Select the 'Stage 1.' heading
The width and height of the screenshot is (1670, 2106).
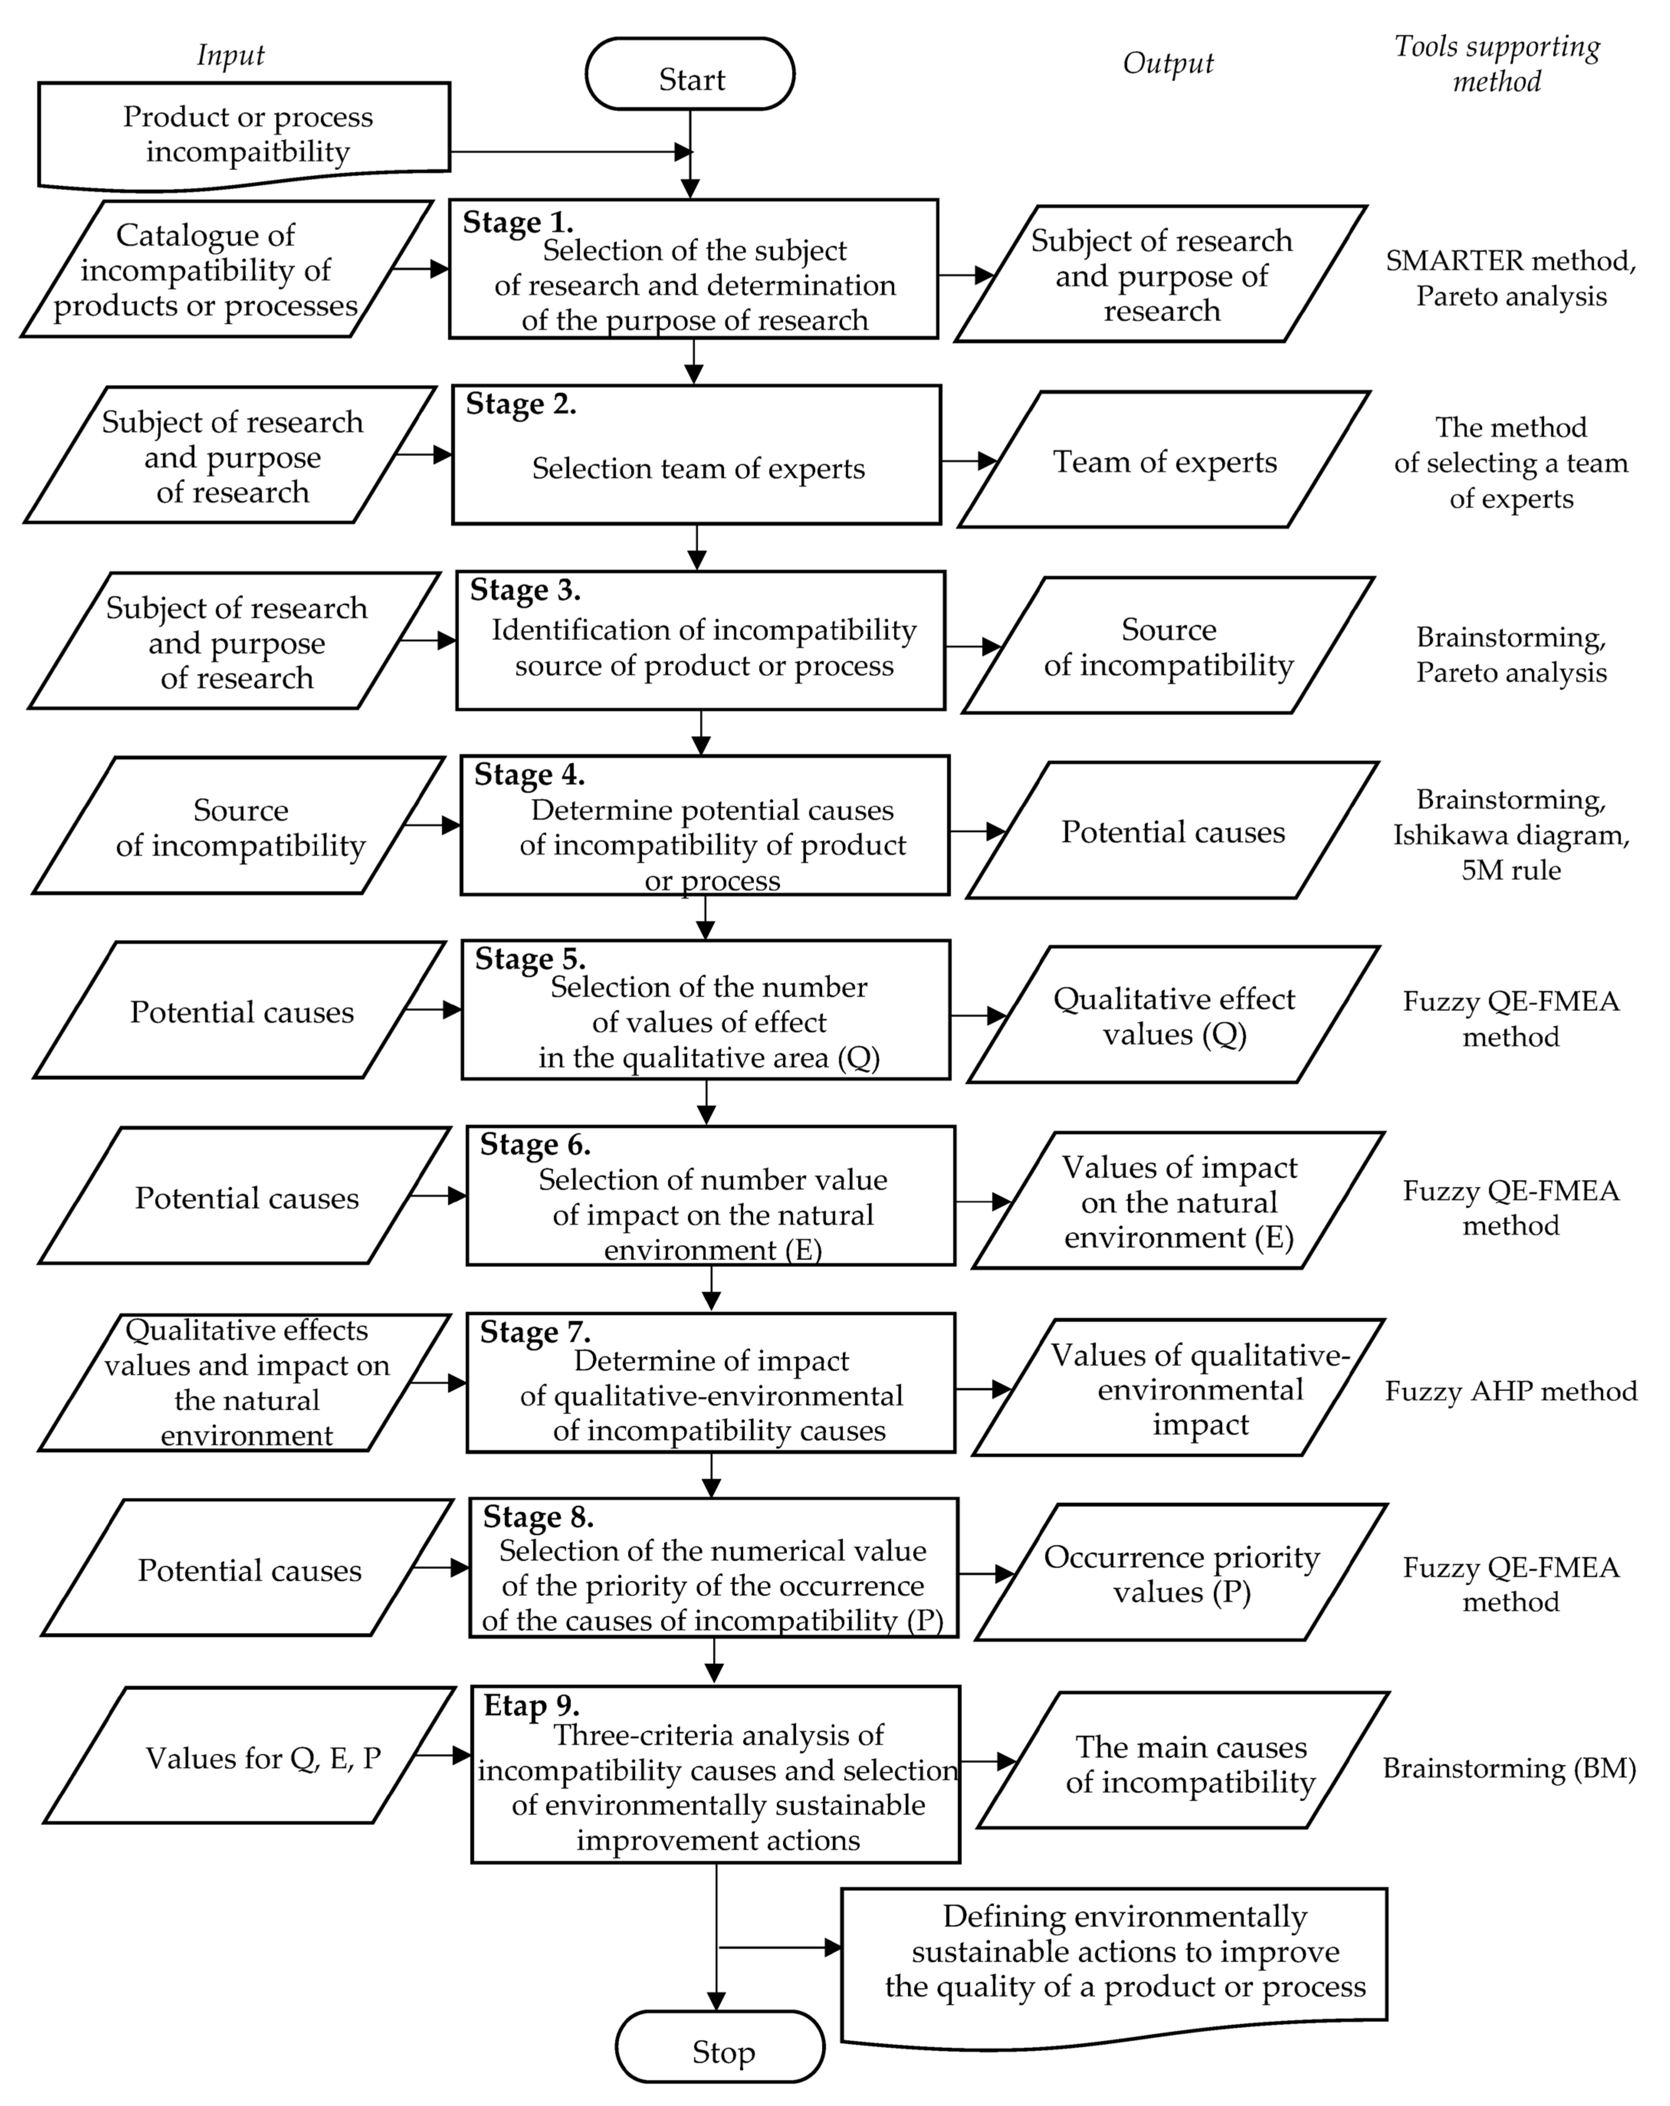(518, 223)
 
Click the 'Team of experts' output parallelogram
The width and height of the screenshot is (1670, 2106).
(1164, 461)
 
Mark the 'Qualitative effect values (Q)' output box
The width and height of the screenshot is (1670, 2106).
(1174, 1016)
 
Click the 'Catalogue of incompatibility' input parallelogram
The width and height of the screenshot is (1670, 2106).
(227, 269)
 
